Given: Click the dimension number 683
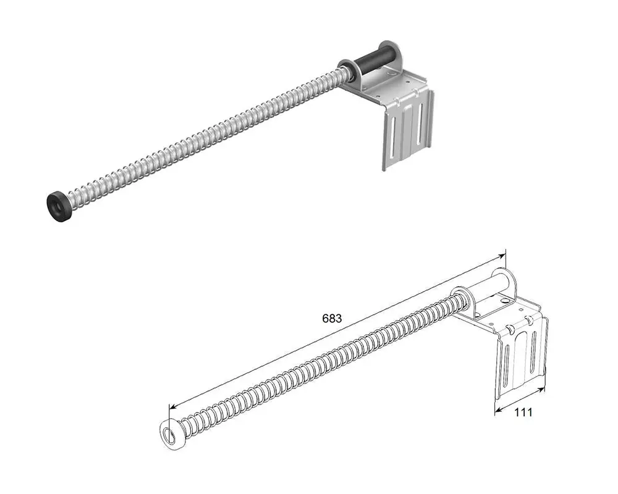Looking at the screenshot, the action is click(332, 318).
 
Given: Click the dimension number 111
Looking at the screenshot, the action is click(523, 412).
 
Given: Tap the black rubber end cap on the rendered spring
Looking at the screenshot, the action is click(59, 206).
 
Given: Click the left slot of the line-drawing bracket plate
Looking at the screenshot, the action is click(507, 365).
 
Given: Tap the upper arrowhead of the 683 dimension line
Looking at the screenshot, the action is click(501, 256).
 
